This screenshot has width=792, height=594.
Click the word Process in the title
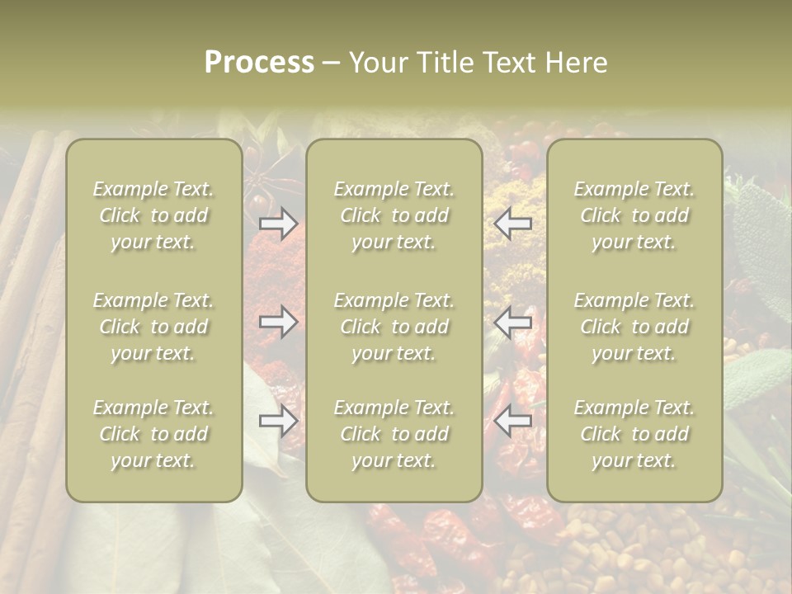(x=259, y=63)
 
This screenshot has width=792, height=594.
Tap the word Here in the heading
(x=577, y=63)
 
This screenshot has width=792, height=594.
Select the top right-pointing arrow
(x=279, y=223)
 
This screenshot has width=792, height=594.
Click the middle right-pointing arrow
(x=279, y=322)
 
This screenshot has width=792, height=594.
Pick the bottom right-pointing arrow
(x=279, y=421)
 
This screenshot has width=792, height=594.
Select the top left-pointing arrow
(x=512, y=223)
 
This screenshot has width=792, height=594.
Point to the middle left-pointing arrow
(x=512, y=322)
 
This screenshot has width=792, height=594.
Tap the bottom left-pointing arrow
(x=512, y=421)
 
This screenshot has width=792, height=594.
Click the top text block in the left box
(x=153, y=215)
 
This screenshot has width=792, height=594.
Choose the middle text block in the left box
(x=153, y=327)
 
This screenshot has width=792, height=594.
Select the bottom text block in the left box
(x=153, y=434)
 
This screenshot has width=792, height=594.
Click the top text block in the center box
(x=394, y=215)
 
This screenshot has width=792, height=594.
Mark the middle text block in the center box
(x=394, y=327)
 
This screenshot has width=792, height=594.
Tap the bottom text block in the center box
(x=394, y=434)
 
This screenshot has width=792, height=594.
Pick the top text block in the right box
(x=634, y=215)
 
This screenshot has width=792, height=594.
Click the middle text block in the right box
(x=634, y=327)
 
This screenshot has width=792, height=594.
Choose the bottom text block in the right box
(x=634, y=434)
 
